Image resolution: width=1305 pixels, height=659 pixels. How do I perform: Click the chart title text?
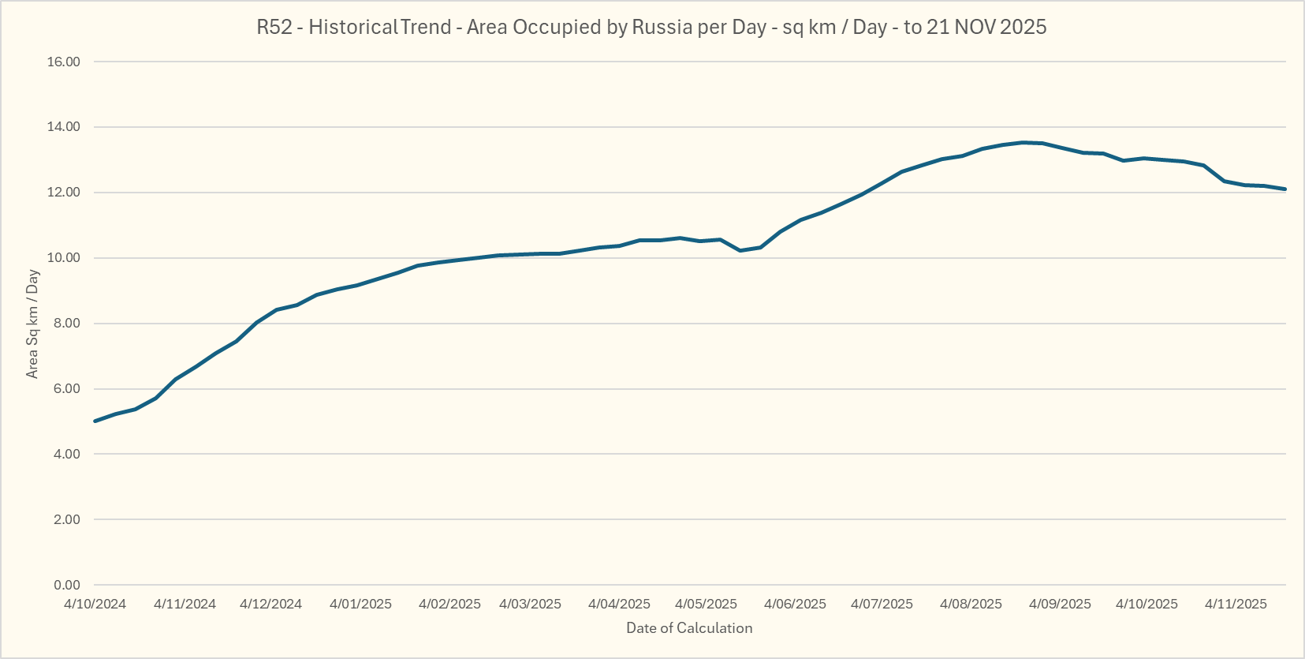(651, 27)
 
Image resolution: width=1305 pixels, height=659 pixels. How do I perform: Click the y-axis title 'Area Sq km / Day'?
(32, 324)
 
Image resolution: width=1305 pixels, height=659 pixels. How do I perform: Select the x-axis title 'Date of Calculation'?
(689, 628)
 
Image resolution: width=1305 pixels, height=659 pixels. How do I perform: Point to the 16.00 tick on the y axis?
(64, 62)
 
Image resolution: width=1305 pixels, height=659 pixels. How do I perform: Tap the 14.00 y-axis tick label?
(64, 127)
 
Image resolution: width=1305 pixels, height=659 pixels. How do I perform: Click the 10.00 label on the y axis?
(64, 258)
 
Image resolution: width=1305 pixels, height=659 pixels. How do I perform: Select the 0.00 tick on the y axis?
(66, 585)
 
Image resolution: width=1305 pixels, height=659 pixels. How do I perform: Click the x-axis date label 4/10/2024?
(95, 605)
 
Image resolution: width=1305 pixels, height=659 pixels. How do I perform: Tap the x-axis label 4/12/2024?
(270, 605)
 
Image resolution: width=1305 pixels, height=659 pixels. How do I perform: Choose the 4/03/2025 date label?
(530, 605)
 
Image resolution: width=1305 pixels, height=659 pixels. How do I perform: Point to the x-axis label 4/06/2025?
(795, 605)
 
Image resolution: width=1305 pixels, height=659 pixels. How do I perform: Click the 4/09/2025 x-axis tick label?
(1060, 605)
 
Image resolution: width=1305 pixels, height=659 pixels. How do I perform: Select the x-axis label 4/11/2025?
(1236, 605)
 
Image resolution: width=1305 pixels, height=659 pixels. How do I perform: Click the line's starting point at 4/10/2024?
(95, 421)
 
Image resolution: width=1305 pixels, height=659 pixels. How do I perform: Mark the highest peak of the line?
(1023, 143)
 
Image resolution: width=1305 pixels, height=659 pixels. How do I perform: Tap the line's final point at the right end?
(1285, 189)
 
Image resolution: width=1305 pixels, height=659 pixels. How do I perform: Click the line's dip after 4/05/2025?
(740, 250)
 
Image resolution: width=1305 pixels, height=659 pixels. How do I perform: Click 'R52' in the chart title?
(274, 27)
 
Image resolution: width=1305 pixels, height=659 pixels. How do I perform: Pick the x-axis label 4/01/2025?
(360, 605)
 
